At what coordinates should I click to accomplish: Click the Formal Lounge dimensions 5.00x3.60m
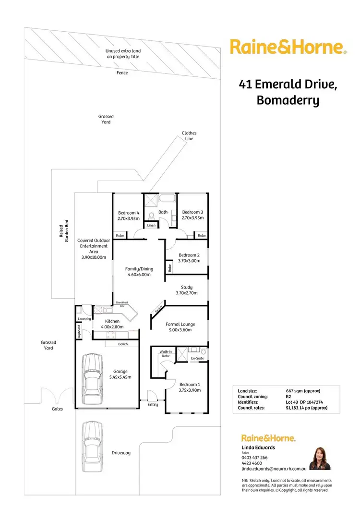(179, 330)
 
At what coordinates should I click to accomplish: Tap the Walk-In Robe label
(166, 354)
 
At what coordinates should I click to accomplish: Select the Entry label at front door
(153, 404)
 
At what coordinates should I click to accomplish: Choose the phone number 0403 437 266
(254, 458)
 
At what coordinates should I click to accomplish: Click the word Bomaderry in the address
(288, 101)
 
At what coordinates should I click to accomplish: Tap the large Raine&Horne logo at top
(288, 48)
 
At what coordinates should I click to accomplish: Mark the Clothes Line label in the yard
(189, 136)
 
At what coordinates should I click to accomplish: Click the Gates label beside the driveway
(58, 409)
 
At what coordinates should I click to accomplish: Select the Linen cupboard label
(151, 225)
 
